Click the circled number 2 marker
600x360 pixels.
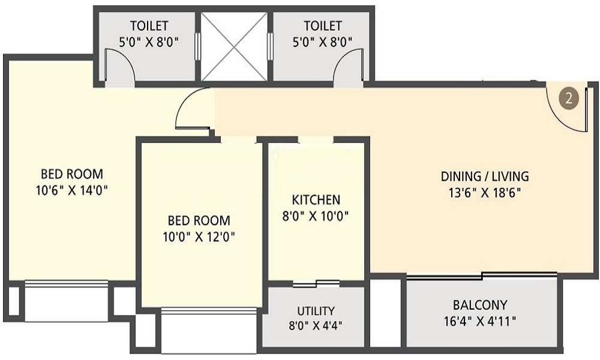[x=569, y=99]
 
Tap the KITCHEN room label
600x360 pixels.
[x=316, y=200]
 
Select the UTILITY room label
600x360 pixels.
[x=316, y=310]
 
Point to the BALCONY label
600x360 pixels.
[x=480, y=305]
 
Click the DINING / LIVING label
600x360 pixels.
[x=485, y=176]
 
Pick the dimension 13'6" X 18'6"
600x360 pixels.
[x=485, y=193]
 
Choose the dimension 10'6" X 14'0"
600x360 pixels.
[x=71, y=190]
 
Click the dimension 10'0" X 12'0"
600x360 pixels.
[x=199, y=237]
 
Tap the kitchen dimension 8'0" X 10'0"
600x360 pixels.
[x=316, y=216]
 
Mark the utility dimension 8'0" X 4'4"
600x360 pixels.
[x=316, y=326]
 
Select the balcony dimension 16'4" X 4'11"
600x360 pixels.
[x=480, y=320]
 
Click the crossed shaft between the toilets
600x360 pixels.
[x=234, y=47]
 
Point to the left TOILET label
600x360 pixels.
[x=149, y=26]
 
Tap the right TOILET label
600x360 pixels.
[x=323, y=26]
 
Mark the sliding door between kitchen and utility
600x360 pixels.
[x=316, y=283]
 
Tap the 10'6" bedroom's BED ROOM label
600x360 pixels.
[x=72, y=174]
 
